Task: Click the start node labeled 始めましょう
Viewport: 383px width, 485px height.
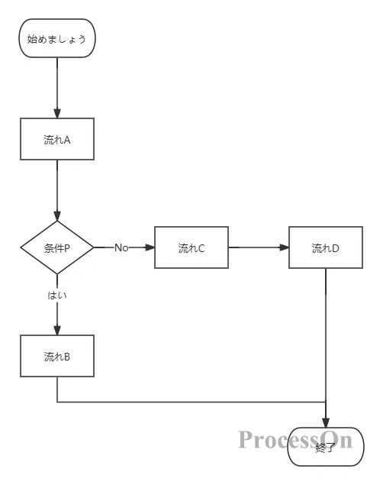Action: tap(57, 38)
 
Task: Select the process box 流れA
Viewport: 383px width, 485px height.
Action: tap(57, 139)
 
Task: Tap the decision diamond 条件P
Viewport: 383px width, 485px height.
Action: tap(57, 247)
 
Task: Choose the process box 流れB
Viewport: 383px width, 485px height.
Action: tap(57, 356)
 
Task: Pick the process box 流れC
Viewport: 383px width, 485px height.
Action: tap(191, 247)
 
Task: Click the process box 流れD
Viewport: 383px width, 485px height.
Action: tap(326, 247)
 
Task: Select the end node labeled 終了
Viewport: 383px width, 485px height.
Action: tap(326, 448)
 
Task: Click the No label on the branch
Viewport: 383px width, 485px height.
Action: tap(121, 247)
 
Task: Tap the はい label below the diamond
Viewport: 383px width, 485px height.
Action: tap(57, 295)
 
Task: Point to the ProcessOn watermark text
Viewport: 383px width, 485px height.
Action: tap(294, 439)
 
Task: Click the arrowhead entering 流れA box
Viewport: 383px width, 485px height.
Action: tap(57, 113)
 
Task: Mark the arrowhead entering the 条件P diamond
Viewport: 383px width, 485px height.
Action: tap(57, 216)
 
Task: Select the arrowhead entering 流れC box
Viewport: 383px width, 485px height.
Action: tap(150, 247)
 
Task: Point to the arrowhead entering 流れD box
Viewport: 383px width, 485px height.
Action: tap(284, 247)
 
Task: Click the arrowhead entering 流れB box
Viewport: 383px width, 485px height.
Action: tap(57, 330)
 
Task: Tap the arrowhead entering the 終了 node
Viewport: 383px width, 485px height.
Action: tap(326, 422)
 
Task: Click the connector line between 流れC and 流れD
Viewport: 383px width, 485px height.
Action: tap(256, 247)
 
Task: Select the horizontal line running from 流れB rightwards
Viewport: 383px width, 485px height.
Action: tap(191, 402)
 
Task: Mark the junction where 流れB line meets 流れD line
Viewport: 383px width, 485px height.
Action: tap(326, 402)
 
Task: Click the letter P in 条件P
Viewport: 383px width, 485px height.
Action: tap(67, 247)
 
